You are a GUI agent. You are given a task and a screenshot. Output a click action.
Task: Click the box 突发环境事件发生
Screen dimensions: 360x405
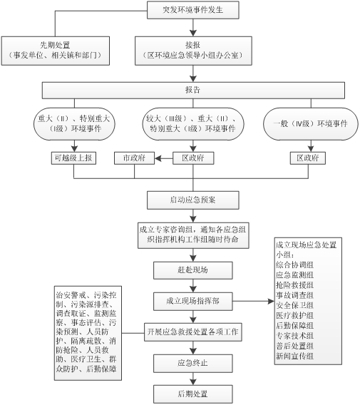193,10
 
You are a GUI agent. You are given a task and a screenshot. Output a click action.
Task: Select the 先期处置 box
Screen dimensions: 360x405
56,51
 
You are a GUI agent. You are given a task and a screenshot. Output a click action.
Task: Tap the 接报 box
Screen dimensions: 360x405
193,51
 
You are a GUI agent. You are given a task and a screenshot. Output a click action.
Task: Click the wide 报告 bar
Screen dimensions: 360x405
193,90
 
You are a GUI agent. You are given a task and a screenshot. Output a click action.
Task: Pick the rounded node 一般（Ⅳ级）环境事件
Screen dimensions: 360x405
311,124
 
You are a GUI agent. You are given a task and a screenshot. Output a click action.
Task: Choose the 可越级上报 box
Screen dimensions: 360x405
73,158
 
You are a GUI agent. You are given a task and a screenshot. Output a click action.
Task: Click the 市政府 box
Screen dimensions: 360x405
134,158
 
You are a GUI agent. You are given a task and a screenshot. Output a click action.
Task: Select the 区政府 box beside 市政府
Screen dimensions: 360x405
193,158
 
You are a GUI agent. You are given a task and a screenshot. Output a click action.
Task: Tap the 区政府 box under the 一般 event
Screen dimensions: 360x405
308,158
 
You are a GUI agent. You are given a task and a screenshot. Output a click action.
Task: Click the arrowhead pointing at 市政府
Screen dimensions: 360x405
158,158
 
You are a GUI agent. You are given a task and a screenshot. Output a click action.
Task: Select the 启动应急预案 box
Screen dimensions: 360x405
193,200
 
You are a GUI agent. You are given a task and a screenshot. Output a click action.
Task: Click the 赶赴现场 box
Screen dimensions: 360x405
193,270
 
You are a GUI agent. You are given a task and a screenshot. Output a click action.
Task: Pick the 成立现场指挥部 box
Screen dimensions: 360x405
193,301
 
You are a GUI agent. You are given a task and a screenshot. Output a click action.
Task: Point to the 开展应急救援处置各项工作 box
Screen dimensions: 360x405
193,332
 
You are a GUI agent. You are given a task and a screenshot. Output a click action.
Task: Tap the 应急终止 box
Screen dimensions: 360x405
193,364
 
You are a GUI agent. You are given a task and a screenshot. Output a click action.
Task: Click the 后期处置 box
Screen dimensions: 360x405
193,394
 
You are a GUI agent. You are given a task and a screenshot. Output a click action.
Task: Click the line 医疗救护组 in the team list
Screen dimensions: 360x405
294,315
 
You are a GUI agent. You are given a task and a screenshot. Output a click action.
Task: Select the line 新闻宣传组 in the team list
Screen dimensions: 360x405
294,357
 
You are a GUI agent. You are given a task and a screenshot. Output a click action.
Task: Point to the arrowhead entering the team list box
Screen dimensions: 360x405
271,301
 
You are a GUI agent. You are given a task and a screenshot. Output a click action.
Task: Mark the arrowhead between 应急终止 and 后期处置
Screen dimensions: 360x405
193,382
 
